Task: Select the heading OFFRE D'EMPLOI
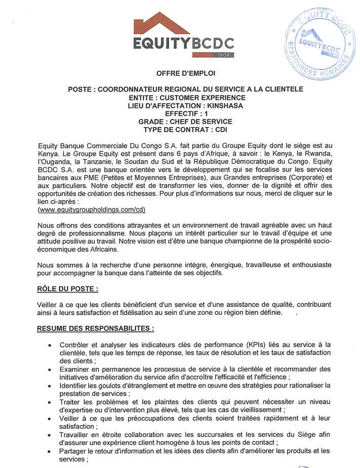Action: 185,74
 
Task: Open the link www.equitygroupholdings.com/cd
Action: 92,209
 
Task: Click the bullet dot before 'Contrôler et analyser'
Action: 49,345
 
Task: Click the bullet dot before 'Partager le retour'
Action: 49,451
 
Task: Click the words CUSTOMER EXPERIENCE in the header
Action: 203,98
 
